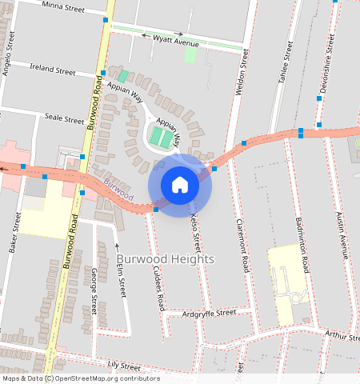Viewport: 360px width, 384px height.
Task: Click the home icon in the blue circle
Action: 180,185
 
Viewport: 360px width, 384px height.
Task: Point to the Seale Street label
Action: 64,118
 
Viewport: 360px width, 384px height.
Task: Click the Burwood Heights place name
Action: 166,260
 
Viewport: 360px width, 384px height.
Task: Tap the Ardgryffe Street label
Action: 209,313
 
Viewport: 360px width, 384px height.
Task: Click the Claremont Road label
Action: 240,245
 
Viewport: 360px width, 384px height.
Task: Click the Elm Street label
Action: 122,277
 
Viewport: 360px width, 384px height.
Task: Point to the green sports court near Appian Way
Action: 162,138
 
